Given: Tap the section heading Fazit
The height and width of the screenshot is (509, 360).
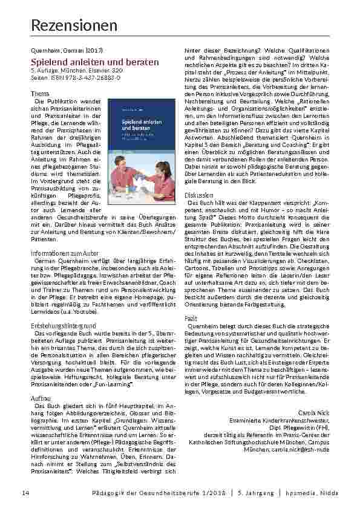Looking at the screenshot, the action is pos(191,317).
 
